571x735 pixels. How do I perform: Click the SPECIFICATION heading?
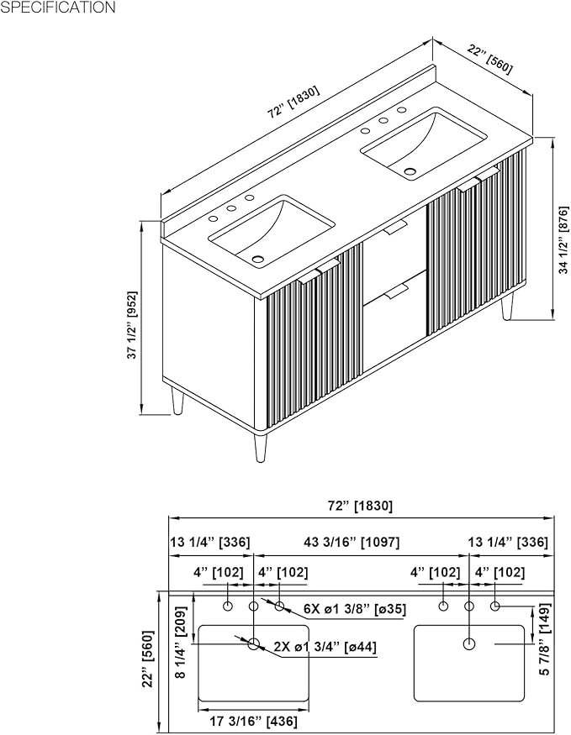coord(58,7)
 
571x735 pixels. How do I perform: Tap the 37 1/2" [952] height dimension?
coord(132,325)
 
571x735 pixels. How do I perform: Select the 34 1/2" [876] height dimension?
coord(563,239)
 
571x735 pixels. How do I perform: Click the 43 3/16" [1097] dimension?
coord(352,543)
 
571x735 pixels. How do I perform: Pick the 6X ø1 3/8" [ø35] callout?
coord(354,609)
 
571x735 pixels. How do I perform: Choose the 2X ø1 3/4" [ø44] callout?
coord(325,647)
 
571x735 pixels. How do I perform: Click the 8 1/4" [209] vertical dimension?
coord(181,643)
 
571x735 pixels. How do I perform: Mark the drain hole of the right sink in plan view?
coord(468,643)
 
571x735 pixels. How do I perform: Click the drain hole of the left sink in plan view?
coord(254,643)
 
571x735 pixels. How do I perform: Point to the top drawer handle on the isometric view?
coord(395,228)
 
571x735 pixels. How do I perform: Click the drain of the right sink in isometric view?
coord(410,172)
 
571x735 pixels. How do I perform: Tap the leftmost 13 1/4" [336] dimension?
coord(209,543)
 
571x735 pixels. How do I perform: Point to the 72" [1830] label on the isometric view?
coord(293,102)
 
